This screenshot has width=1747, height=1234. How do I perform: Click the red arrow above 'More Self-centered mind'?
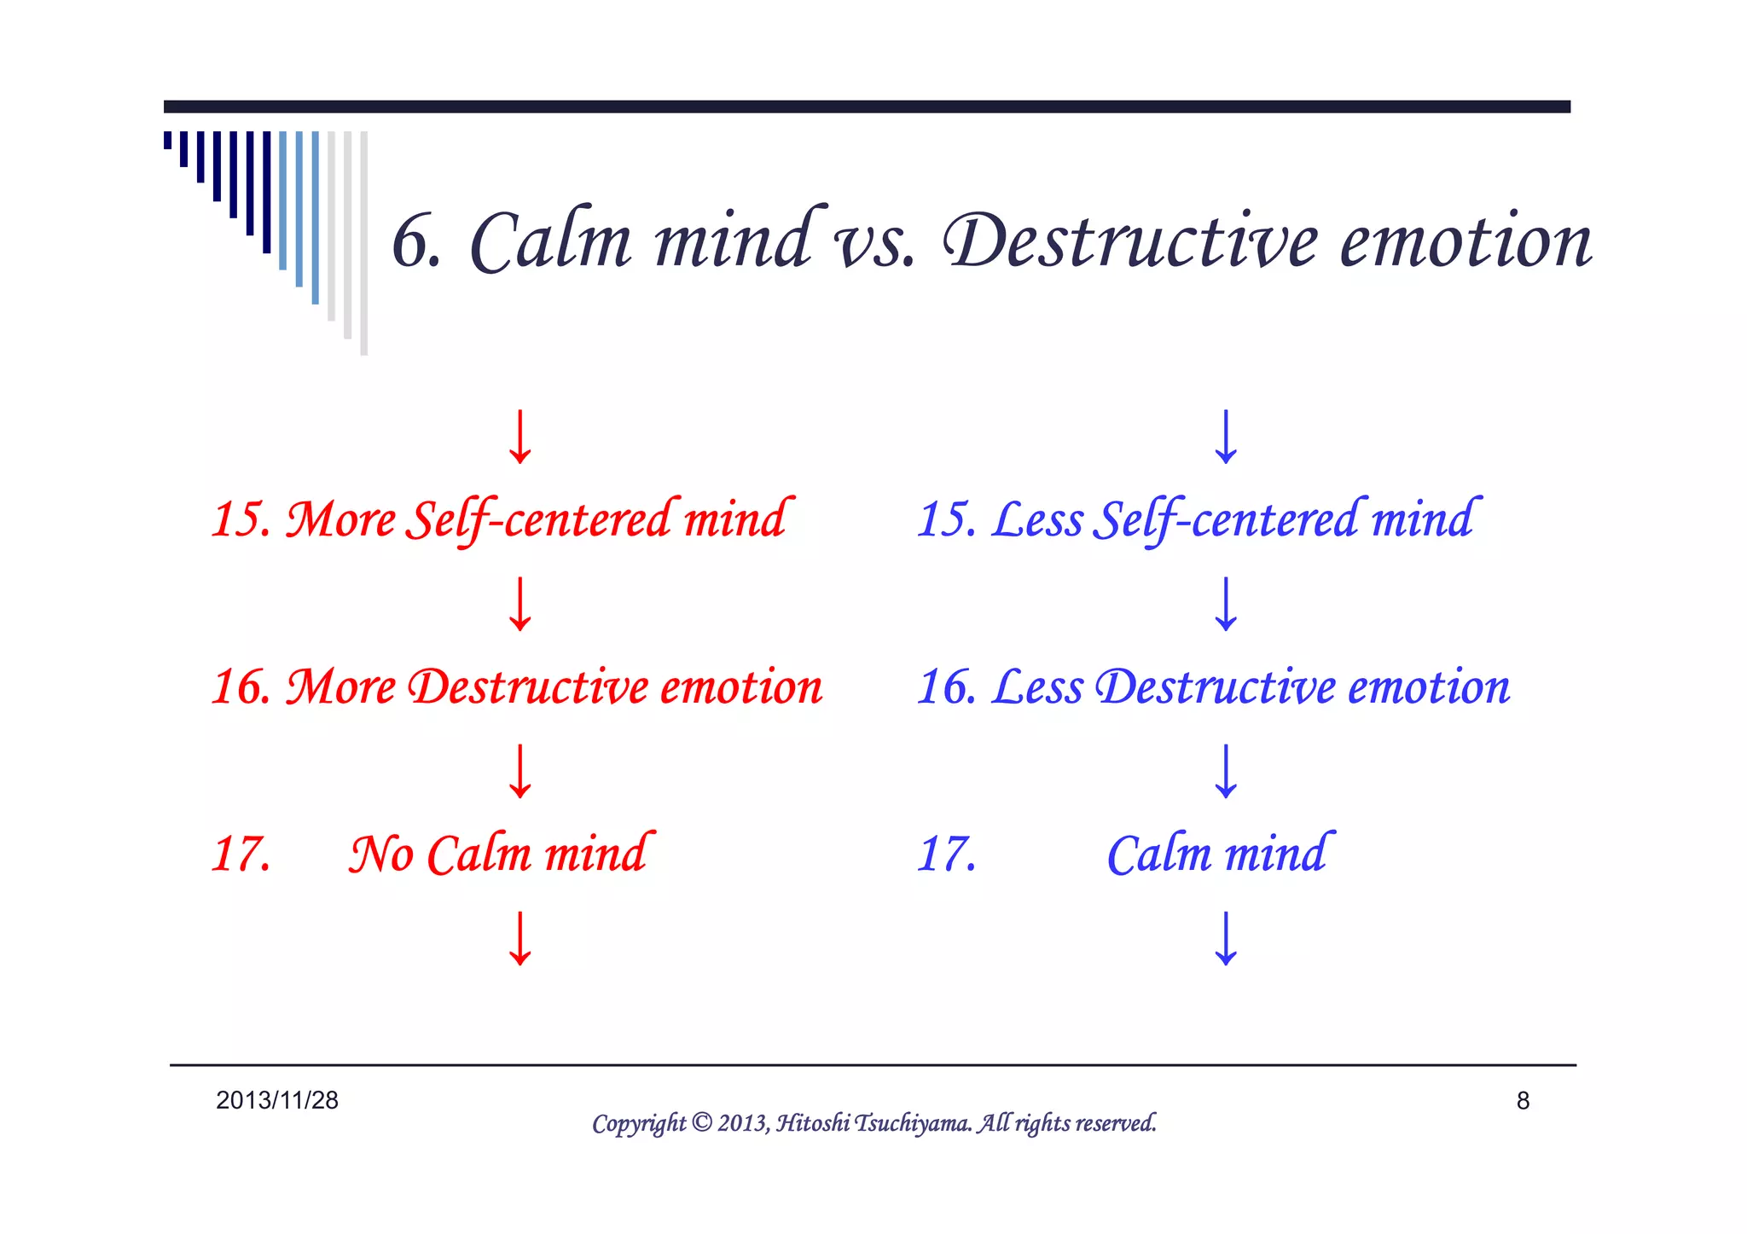pyautogui.click(x=520, y=437)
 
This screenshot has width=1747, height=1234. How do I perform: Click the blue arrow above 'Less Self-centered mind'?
pyautogui.click(x=1226, y=437)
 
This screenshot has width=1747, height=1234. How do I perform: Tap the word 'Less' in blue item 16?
pyautogui.click(x=1037, y=687)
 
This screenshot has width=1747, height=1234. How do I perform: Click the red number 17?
pyautogui.click(x=241, y=854)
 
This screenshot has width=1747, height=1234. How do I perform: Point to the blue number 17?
pyautogui.click(x=947, y=854)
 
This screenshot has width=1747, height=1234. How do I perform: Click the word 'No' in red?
pyautogui.click(x=381, y=854)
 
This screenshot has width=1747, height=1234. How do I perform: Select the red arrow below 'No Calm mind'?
pyautogui.click(x=520, y=939)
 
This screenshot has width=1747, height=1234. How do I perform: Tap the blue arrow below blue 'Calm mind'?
pyautogui.click(x=1226, y=939)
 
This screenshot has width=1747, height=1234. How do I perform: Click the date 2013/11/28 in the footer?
pyautogui.click(x=277, y=1100)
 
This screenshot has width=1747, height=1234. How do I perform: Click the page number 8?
pyautogui.click(x=1523, y=1101)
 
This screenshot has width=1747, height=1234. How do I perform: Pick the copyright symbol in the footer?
pyautogui.click(x=701, y=1122)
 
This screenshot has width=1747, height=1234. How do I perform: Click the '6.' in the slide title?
pyautogui.click(x=416, y=242)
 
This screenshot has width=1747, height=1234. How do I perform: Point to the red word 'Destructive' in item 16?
pyautogui.click(x=529, y=687)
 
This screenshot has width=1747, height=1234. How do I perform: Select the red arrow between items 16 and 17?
pyautogui.click(x=520, y=771)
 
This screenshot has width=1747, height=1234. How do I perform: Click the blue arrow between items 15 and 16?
pyautogui.click(x=1226, y=604)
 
